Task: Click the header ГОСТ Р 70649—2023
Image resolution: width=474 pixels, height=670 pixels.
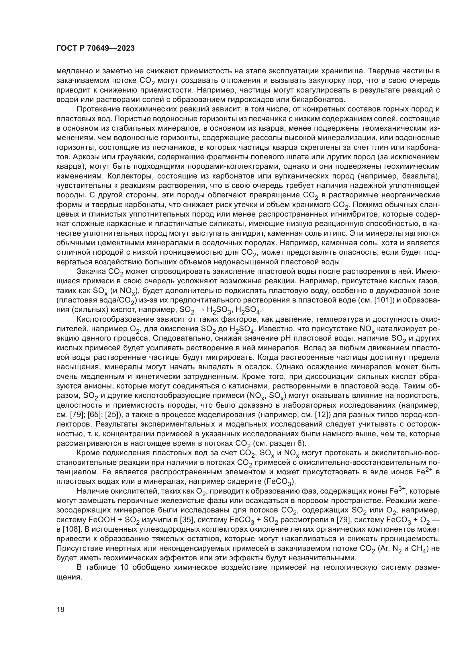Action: click(95, 48)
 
